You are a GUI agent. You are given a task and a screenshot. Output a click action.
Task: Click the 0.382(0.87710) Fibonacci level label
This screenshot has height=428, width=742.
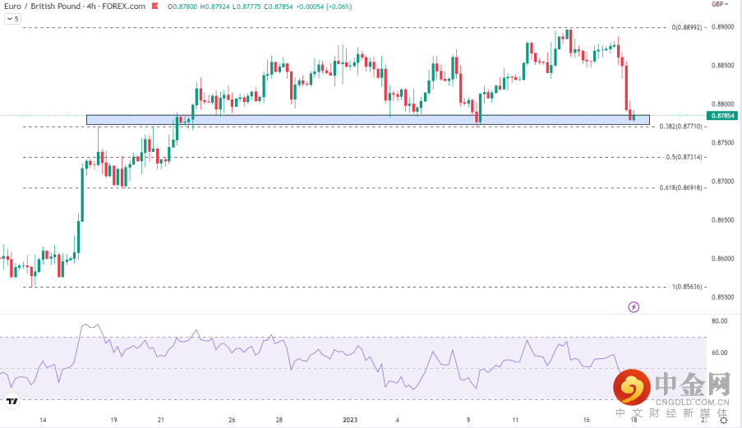point(680,127)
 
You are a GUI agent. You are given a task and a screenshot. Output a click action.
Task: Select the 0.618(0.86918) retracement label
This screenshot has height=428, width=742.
point(680,188)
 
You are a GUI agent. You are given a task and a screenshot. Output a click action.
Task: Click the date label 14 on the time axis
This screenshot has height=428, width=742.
point(43,419)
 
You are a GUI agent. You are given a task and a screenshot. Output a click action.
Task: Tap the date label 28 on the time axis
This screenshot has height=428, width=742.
point(279,419)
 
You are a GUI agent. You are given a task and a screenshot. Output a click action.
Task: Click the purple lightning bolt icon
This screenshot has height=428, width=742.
point(634,307)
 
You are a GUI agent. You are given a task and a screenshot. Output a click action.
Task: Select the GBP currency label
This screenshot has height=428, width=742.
point(718,4)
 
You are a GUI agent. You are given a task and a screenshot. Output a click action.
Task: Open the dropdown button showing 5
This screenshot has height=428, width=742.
point(12,18)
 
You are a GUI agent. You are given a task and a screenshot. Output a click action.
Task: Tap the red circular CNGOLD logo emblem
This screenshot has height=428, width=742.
point(631,386)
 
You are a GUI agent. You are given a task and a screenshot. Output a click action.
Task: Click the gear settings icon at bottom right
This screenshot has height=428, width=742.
point(723,419)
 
